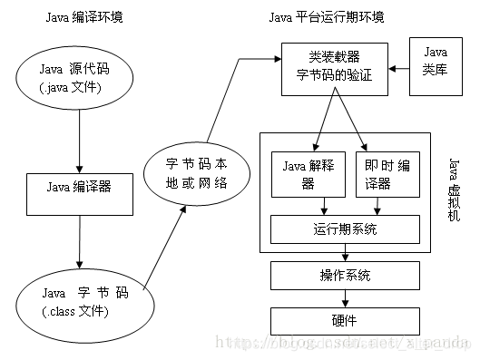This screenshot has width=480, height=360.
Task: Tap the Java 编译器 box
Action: [81, 188]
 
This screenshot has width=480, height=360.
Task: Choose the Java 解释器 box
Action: [307, 172]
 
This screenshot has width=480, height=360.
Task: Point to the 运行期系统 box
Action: [346, 229]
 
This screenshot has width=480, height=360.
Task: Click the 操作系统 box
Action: [345, 275]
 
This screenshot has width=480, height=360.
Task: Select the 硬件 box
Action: [345, 319]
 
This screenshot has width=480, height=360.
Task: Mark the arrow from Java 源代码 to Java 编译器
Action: [81, 141]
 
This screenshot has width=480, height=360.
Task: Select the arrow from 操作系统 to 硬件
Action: [345, 297]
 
